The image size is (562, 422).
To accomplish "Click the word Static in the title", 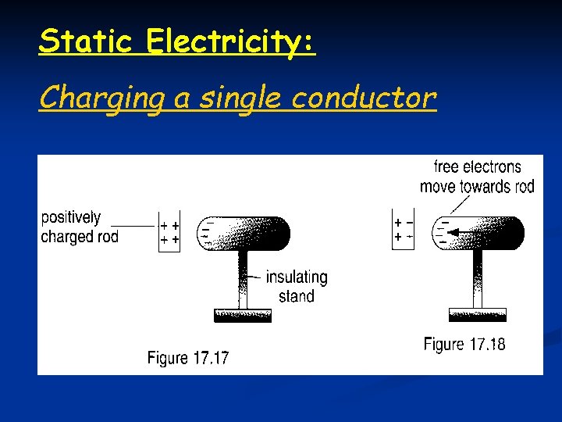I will tap(86, 40).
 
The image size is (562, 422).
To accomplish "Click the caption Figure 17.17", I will tap(188, 358).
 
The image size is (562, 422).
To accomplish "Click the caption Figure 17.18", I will tap(464, 344).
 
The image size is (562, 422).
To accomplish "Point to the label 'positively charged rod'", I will tap(79, 227).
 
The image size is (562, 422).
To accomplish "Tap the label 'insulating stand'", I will tap(297, 286).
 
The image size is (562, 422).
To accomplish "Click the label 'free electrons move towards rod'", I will tap(477, 177).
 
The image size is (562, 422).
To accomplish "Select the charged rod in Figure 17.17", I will tap(169, 232).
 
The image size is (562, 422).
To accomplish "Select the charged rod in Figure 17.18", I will tap(403, 229).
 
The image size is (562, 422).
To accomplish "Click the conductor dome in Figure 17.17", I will tap(246, 233).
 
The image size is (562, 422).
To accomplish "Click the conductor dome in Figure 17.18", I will tap(480, 233).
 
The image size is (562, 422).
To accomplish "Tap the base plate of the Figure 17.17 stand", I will tap(243, 315).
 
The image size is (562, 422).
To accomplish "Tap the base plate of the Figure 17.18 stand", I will tap(478, 314).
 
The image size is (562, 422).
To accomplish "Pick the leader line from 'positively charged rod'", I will tap(139, 227).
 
